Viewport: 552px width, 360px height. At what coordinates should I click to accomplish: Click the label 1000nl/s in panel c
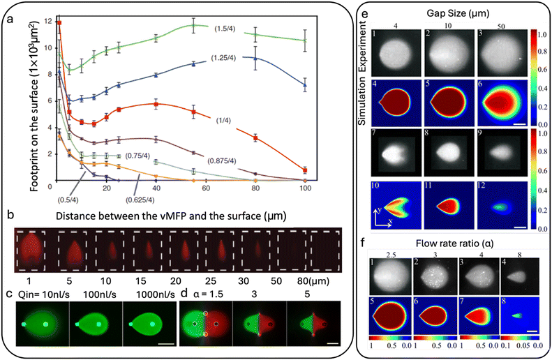coord(145,294)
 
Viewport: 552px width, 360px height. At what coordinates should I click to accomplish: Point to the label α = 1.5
coord(201,294)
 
